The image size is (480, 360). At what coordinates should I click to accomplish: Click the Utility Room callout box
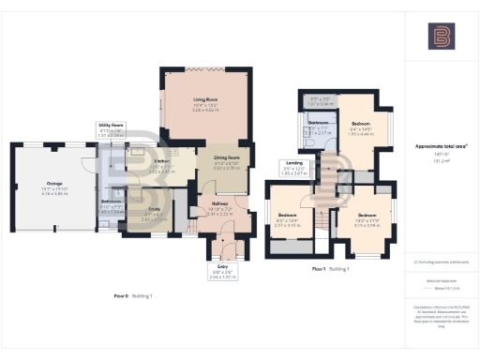pos(112,128)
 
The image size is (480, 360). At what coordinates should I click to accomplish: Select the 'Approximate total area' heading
pos(441,146)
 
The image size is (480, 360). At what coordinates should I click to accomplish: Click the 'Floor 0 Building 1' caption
pos(133,295)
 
